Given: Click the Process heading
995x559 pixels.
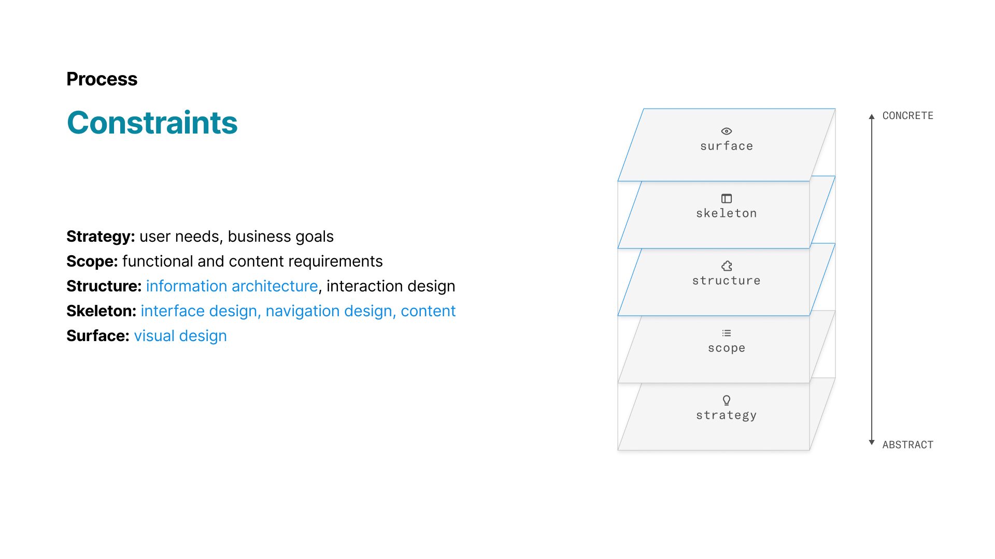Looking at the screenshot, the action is tap(102, 79).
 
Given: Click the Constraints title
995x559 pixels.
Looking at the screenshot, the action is tap(152, 123).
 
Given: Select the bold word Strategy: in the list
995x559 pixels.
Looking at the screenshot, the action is tap(101, 237).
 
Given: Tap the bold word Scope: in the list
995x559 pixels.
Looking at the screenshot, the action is tap(92, 261).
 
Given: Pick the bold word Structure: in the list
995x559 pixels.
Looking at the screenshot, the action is tap(104, 286).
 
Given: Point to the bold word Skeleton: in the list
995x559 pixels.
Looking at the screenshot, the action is tap(101, 311).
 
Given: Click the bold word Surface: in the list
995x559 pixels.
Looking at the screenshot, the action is tap(97, 336).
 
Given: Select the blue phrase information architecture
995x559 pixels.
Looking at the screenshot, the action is tap(232, 286).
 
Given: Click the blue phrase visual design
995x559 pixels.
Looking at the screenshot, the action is tap(180, 336).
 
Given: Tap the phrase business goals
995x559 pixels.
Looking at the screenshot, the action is tap(280, 237).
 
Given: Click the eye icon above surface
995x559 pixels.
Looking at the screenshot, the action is tap(727, 131).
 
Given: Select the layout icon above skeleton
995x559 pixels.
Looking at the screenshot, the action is tap(727, 199).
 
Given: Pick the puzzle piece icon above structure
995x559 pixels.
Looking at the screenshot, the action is tap(727, 266).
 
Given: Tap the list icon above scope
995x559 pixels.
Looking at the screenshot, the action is tap(727, 333).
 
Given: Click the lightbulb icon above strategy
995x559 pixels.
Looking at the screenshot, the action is tap(727, 400).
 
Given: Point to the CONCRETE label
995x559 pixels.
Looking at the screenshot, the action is tap(907, 116).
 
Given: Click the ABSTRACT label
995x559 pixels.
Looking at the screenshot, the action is tap(907, 445).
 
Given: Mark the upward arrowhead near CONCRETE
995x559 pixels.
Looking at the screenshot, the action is tap(872, 116).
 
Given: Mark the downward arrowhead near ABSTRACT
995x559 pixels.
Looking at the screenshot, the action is tap(872, 443).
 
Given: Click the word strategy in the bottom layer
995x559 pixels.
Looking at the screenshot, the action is tap(726, 415).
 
